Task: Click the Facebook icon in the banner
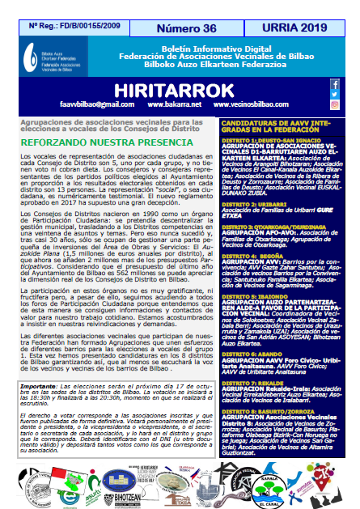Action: pyautogui.click(x=334, y=83)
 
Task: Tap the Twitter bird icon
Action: pyautogui.click(x=334, y=93)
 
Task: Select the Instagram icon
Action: pyautogui.click(x=334, y=104)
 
